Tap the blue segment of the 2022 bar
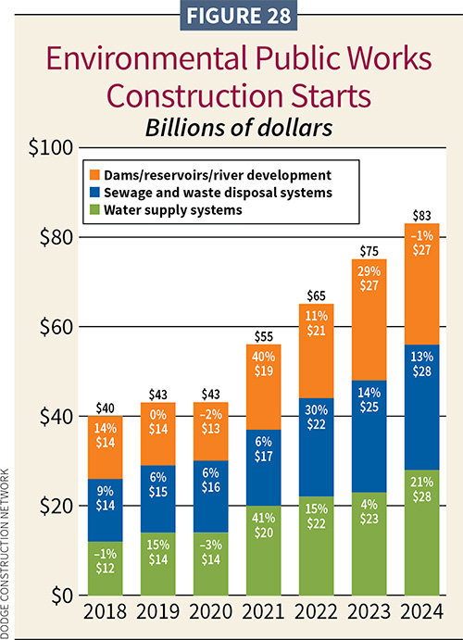click(x=319, y=447)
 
